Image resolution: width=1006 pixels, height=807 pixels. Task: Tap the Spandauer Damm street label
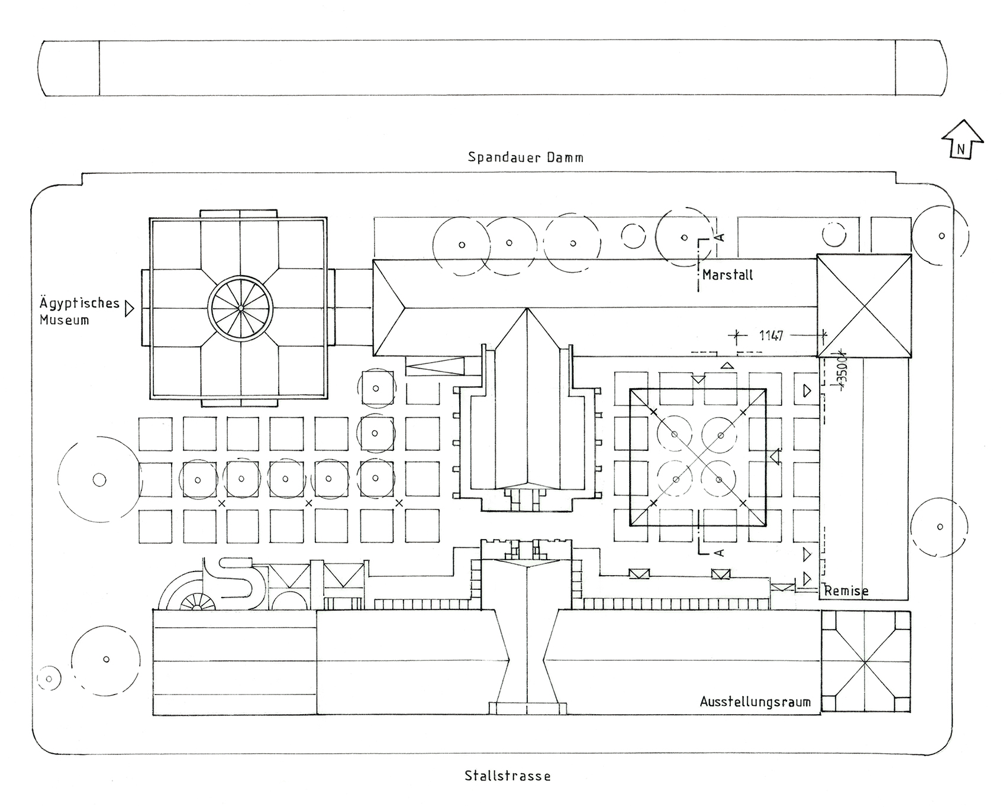[525, 157]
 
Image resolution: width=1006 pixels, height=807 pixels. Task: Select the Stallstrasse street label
[507, 776]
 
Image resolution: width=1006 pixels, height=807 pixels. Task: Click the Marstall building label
[727, 275]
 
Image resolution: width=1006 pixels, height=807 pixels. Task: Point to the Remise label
[846, 590]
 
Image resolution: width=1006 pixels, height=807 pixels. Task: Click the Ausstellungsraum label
[755, 702]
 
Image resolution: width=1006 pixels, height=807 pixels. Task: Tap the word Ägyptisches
[79, 304]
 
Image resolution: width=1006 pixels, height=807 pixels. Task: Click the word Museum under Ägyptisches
[64, 321]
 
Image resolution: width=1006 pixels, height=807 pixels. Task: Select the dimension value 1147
[771, 336]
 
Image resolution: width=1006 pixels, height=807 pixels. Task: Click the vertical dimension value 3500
[843, 370]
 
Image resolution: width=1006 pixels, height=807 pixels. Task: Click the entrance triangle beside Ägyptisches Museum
[130, 309]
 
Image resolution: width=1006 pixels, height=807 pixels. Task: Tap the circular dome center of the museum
[240, 308]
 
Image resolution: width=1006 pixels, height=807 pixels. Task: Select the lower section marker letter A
[719, 553]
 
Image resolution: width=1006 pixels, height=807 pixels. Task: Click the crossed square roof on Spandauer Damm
[864, 306]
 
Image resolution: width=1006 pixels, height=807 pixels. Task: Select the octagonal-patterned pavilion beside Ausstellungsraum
[865, 661]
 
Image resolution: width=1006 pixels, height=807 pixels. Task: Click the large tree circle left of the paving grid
[99, 480]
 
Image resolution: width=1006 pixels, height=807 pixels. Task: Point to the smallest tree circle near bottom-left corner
[49, 679]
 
